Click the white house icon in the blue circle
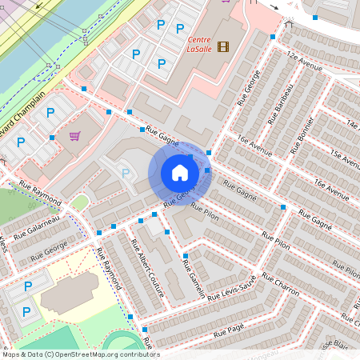tap(180, 173)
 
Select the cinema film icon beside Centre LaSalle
tap(222, 46)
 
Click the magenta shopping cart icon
tap(75, 136)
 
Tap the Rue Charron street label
tap(280, 282)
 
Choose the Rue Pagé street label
tap(228, 330)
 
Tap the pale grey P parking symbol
tap(125, 172)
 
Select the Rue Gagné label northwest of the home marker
tap(162, 138)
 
